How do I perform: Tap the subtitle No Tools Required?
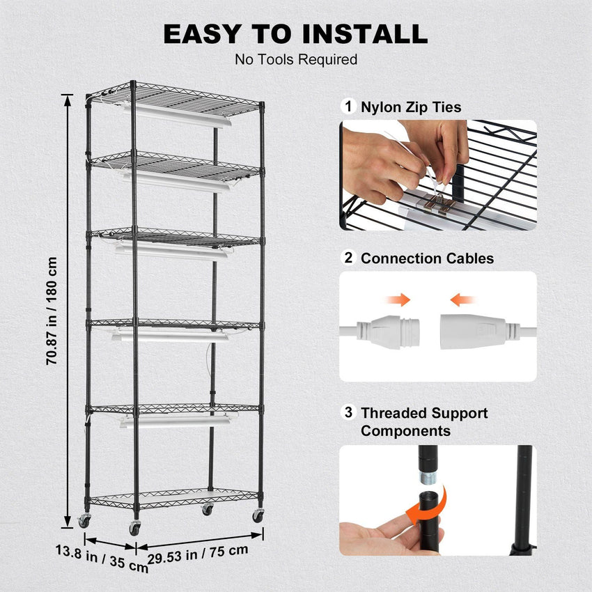click(x=295, y=59)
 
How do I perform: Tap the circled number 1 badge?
click(x=348, y=107)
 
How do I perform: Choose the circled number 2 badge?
click(x=348, y=258)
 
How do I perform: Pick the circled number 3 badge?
click(x=348, y=412)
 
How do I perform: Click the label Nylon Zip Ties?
click(x=411, y=107)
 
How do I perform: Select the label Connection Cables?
click(x=427, y=258)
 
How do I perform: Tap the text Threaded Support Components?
click(x=423, y=422)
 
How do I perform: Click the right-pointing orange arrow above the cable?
click(x=399, y=299)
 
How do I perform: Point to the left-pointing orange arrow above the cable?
click(x=462, y=299)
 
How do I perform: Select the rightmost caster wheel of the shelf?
click(x=258, y=515)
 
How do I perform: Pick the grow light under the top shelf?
click(x=178, y=115)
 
